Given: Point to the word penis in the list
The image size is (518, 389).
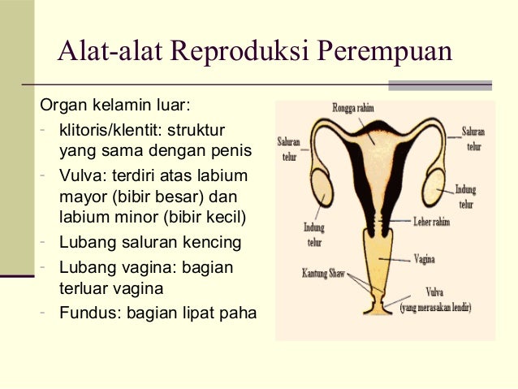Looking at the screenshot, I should (x=231, y=152).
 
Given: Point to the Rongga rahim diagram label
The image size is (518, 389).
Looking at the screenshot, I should (x=353, y=108).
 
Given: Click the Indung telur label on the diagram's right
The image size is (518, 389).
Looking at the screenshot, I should (x=466, y=196).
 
